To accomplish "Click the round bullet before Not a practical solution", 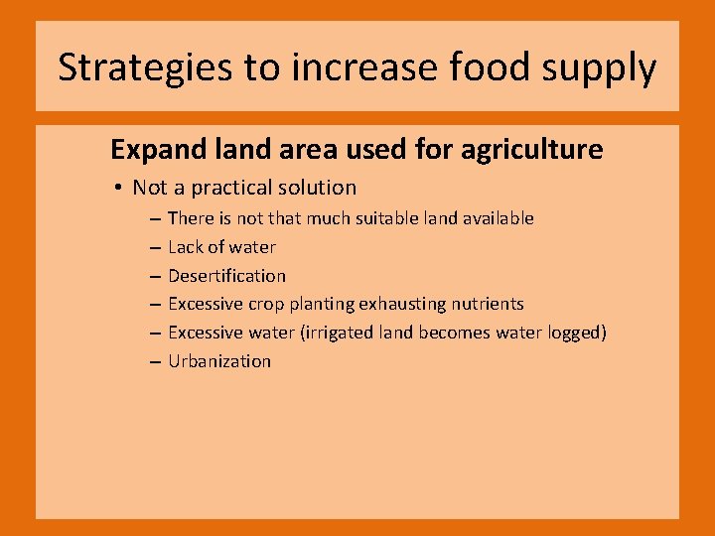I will click(x=117, y=189).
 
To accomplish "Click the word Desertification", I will click(x=226, y=276).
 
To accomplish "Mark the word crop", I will click(x=266, y=305).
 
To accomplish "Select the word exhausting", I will click(x=393, y=305).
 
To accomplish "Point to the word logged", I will click(x=575, y=334).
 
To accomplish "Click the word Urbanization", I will click(x=218, y=361).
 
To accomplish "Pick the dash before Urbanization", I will click(x=156, y=362).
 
